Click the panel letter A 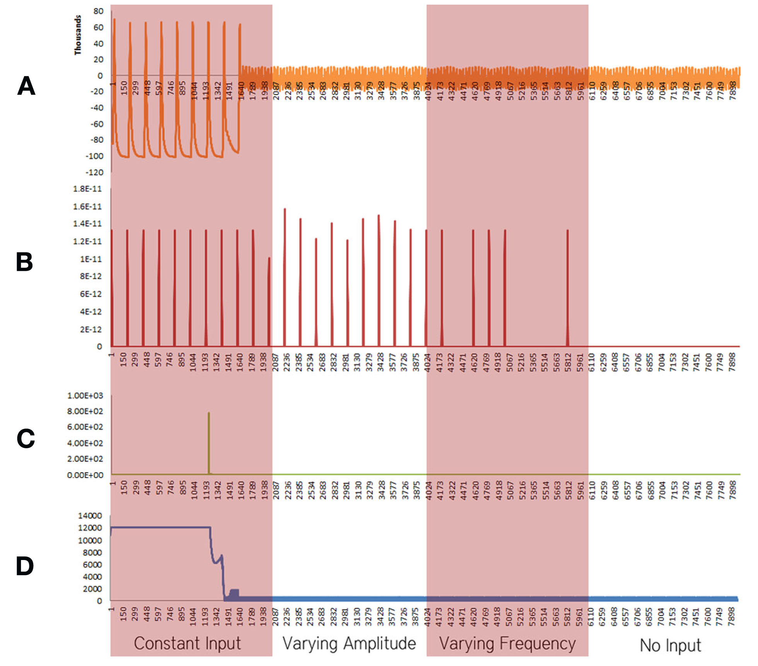pyautogui.click(x=26, y=86)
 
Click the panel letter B pyautogui.click(x=24, y=262)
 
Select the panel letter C pyautogui.click(x=26, y=439)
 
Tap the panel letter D pyautogui.click(x=25, y=566)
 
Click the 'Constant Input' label pyautogui.click(x=187, y=644)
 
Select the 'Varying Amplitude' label pyautogui.click(x=349, y=644)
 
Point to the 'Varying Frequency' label pyautogui.click(x=507, y=644)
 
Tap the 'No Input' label pyautogui.click(x=670, y=645)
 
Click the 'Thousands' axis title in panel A pyautogui.click(x=78, y=35)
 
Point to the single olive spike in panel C pyautogui.click(x=209, y=441)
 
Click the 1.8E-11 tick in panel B pyautogui.click(x=87, y=189)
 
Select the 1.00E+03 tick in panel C pyautogui.click(x=85, y=396)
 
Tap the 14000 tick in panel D pyautogui.click(x=90, y=516)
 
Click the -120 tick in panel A pyautogui.click(x=94, y=172)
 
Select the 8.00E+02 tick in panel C pyautogui.click(x=85, y=411)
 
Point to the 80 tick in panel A pyautogui.click(x=98, y=11)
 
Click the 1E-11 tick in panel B pyautogui.click(x=91, y=259)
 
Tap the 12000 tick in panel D pyautogui.click(x=90, y=528)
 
